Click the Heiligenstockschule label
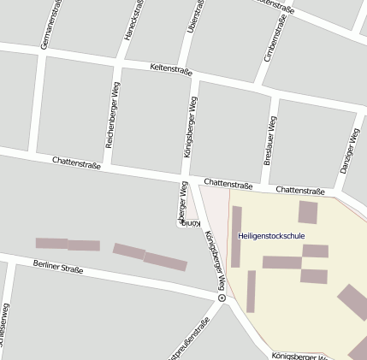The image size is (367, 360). click(271, 235)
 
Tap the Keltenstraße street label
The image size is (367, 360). click(170, 68)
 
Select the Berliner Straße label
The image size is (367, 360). click(59, 268)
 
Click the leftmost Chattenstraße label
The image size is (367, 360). click(76, 161)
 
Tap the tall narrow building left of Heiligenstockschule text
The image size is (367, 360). click(236, 236)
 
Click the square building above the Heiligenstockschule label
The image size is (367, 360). click(308, 212)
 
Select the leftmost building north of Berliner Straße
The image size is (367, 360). click(51, 244)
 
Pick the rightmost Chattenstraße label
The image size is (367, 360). click(300, 190)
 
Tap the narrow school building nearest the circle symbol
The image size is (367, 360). click(251, 291)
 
